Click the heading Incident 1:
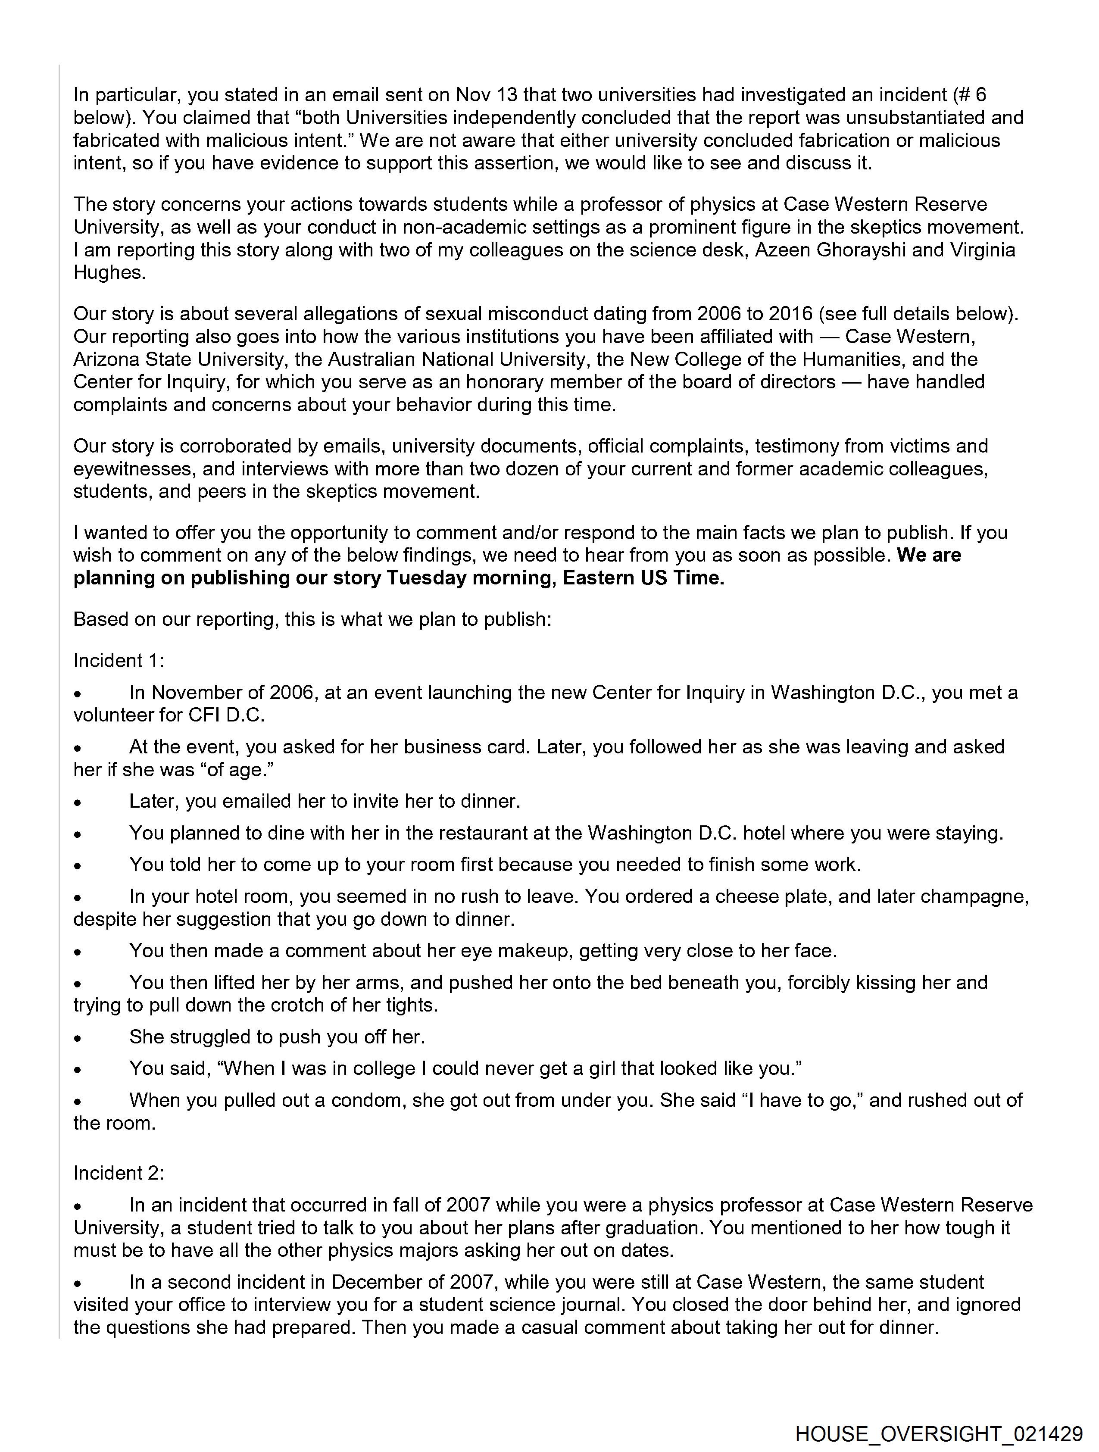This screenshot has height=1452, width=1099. click(x=118, y=660)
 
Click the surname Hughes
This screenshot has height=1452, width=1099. click(x=109, y=272)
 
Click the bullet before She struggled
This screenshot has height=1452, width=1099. click(x=78, y=1038)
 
